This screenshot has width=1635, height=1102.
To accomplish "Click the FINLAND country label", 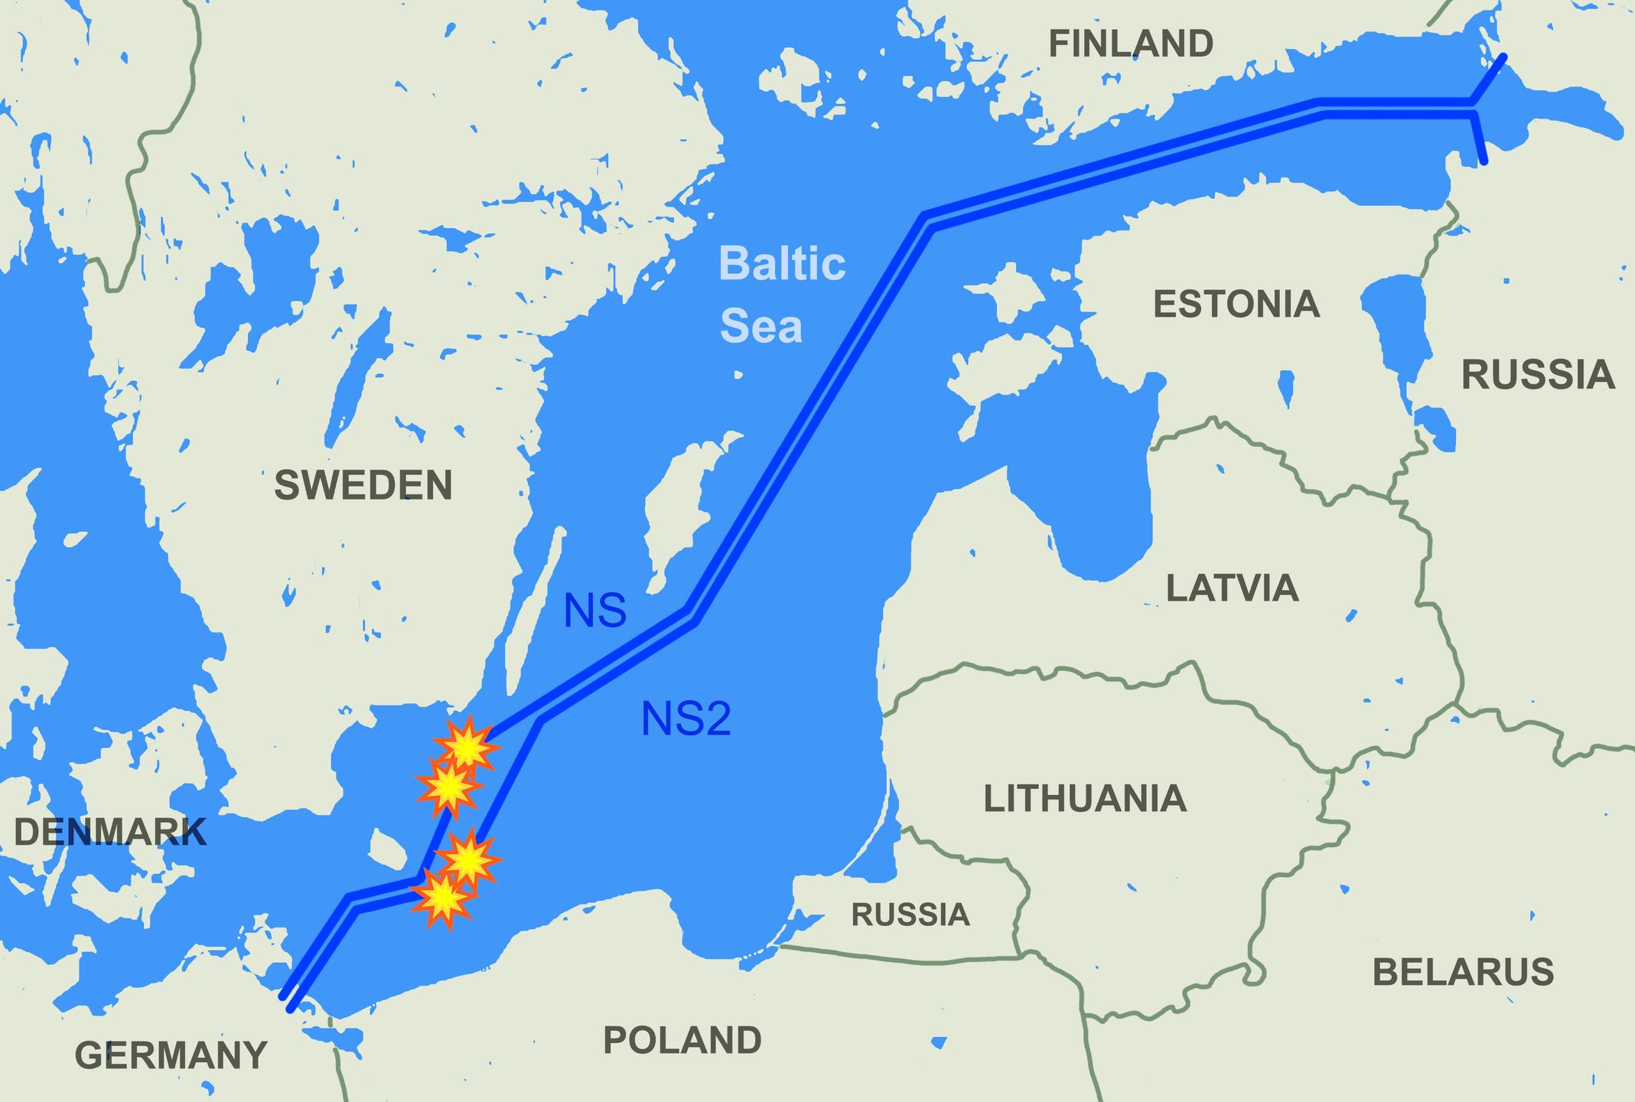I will pyautogui.click(x=1130, y=44).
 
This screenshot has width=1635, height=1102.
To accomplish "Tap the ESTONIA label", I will pyautogui.click(x=1236, y=304).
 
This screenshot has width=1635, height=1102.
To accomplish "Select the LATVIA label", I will pyautogui.click(x=1232, y=588).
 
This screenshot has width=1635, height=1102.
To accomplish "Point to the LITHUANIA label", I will pyautogui.click(x=1084, y=798).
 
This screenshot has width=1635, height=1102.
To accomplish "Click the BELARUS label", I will pyautogui.click(x=1463, y=972).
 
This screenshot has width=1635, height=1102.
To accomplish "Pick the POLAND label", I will pyautogui.click(x=682, y=1040).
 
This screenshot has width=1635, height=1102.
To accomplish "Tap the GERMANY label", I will pyautogui.click(x=171, y=1056).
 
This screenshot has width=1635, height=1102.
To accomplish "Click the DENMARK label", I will pyautogui.click(x=110, y=832).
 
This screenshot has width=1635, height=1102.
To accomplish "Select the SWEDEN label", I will pyautogui.click(x=363, y=485).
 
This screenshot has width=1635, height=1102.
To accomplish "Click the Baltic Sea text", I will pyautogui.click(x=780, y=295).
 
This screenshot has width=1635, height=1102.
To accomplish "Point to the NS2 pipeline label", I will pyautogui.click(x=686, y=719).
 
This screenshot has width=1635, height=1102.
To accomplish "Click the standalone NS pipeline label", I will pyautogui.click(x=594, y=611).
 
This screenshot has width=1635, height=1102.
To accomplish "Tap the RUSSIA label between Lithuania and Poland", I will pyautogui.click(x=910, y=915).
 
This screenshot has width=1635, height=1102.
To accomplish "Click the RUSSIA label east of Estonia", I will pyautogui.click(x=1538, y=375).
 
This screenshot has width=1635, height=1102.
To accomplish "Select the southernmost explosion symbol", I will pyautogui.click(x=441, y=899).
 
